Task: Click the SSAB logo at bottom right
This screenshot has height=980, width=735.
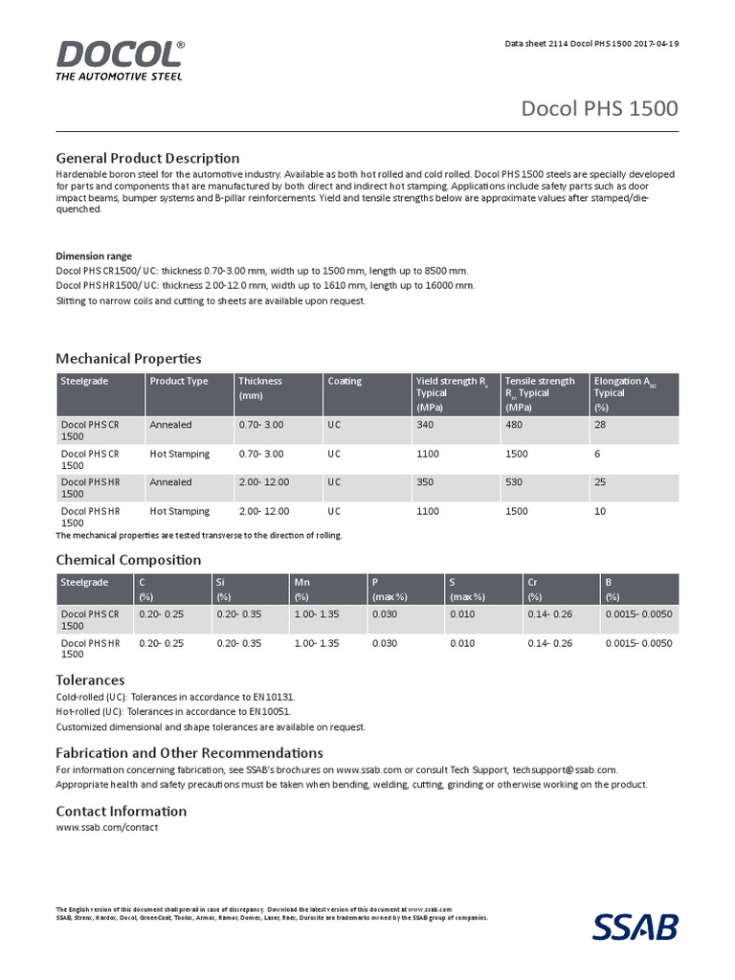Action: click(635, 926)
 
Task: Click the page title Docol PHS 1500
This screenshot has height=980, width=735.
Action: click(599, 108)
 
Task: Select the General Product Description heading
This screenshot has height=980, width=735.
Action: click(147, 157)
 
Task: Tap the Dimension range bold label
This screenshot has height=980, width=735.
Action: click(94, 256)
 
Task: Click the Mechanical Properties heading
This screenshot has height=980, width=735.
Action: click(128, 358)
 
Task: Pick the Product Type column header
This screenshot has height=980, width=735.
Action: click(178, 381)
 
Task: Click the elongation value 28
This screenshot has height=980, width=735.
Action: click(600, 424)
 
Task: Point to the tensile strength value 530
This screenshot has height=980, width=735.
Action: click(516, 482)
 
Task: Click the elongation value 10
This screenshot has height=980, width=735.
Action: click(600, 512)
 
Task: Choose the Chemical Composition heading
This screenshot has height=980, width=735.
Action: click(128, 559)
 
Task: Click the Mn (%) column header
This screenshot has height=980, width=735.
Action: click(303, 589)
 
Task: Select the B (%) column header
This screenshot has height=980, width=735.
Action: click(612, 589)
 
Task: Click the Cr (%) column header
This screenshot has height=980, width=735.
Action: click(535, 589)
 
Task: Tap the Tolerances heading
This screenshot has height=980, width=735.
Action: click(90, 679)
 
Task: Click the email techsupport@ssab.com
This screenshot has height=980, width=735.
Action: click(565, 769)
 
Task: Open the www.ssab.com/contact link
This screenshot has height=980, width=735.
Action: click(107, 827)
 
